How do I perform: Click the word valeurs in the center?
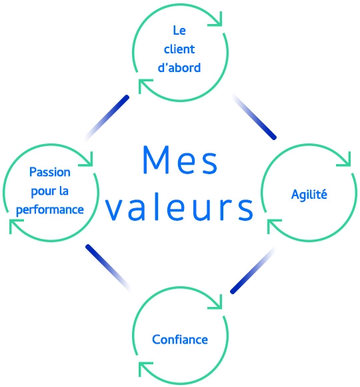pos(180,208)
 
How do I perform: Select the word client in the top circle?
pos(180,49)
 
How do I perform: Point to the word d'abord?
pos(180,67)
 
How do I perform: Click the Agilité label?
pos(310,194)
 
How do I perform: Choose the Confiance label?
pos(180,340)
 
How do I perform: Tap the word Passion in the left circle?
pos(51,172)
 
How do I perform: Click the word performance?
pos(51,209)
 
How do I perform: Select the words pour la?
pos(51,191)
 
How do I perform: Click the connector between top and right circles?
pos(254,117)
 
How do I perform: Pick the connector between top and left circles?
pos(107,117)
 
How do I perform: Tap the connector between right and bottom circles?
pos(253,270)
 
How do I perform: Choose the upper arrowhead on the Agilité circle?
pos(344,160)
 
